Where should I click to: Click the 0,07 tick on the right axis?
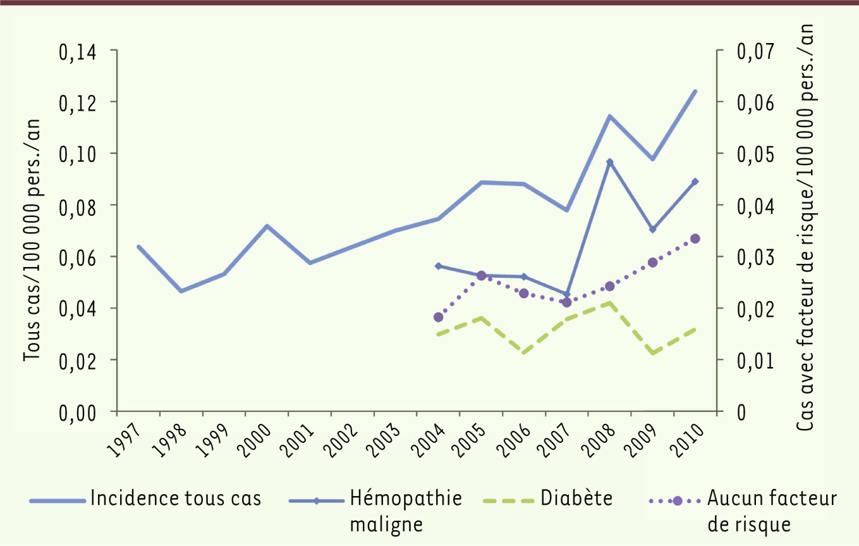pos(755,51)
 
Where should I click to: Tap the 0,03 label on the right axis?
pos(755,257)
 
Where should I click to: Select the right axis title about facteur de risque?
pos(807,228)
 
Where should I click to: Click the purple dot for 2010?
pos(695,239)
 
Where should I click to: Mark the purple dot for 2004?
pos(438,317)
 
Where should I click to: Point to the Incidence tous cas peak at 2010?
pos(695,91)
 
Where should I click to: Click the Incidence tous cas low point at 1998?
pos(181,291)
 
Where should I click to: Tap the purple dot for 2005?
pos(481,275)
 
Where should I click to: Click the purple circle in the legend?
pos(677,500)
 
